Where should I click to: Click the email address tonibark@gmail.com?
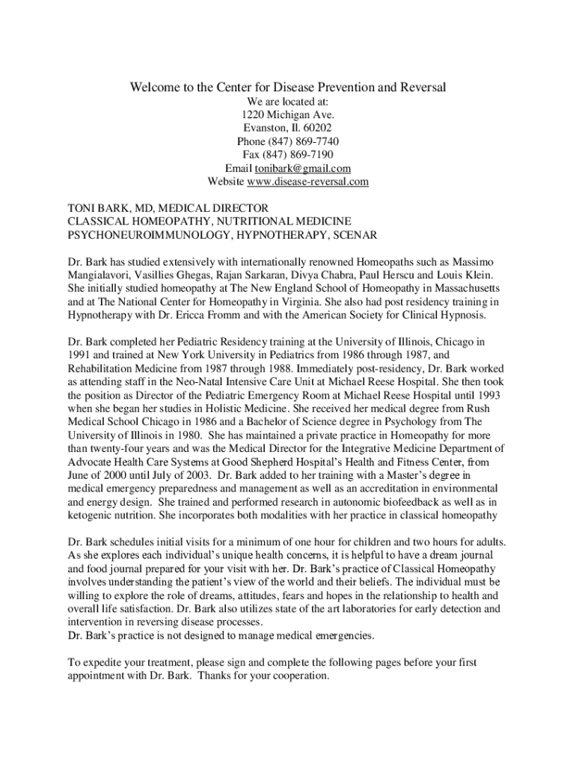(303, 168)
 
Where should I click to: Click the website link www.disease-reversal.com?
(308, 182)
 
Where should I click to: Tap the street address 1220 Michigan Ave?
(288, 114)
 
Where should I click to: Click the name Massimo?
(473, 262)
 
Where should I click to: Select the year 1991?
(80, 355)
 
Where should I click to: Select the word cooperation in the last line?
(298, 677)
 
